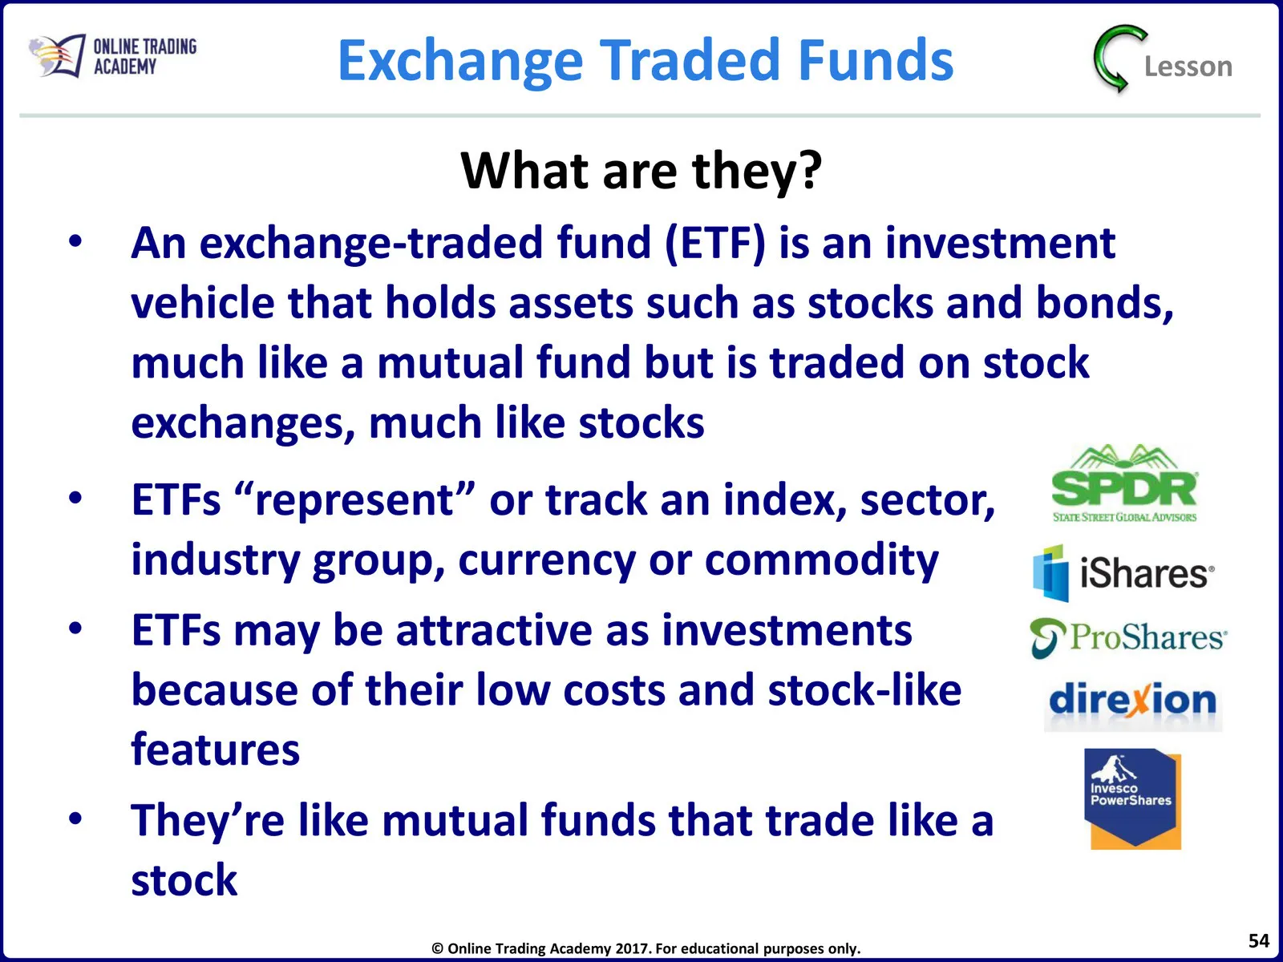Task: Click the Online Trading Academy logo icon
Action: pyautogui.click(x=57, y=55)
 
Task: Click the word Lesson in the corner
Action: pyautogui.click(x=1188, y=67)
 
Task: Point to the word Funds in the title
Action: pyautogui.click(x=875, y=59)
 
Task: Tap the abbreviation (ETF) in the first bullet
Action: pyautogui.click(x=714, y=244)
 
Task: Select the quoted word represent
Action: pyautogui.click(x=354, y=500)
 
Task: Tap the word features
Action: pyautogui.click(x=215, y=750)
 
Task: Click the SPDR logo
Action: pyautogui.click(x=1124, y=483)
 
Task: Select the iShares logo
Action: pyautogui.click(x=1123, y=573)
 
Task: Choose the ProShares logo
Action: pyautogui.click(x=1128, y=638)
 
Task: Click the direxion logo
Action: pyautogui.click(x=1133, y=705)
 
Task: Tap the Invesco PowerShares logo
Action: pyautogui.click(x=1132, y=798)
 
